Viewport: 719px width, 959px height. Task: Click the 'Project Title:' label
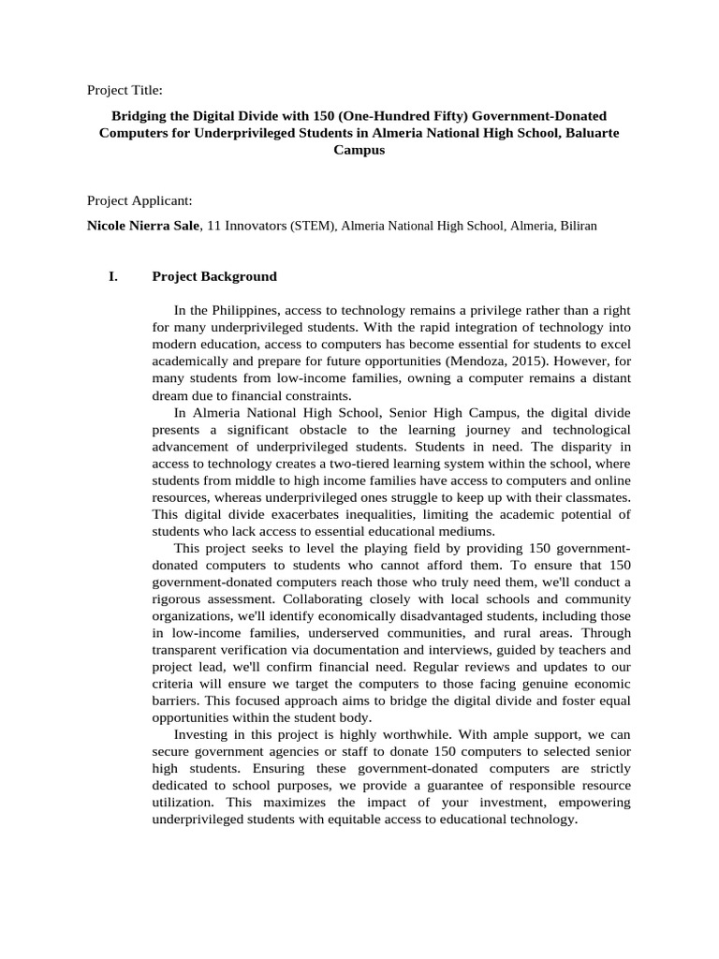click(x=125, y=90)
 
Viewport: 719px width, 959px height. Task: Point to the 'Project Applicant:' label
click(x=139, y=200)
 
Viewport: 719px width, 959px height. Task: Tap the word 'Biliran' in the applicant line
click(x=577, y=226)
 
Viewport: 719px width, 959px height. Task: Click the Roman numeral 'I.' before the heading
click(x=114, y=276)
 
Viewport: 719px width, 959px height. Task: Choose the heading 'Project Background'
click(x=214, y=276)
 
